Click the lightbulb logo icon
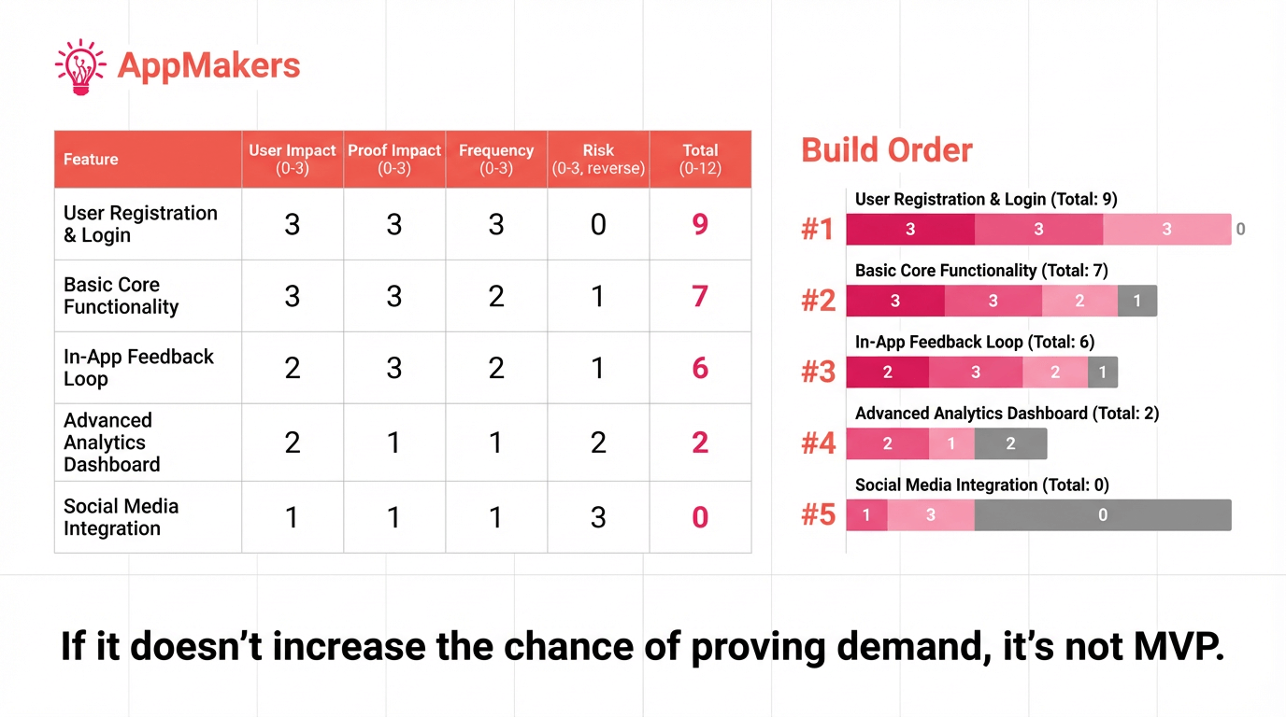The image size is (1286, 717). [x=80, y=66]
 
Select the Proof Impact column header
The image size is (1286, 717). [x=394, y=159]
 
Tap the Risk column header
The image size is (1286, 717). [x=598, y=159]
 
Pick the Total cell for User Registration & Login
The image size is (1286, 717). [x=700, y=224]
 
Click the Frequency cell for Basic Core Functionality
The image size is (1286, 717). [x=496, y=296]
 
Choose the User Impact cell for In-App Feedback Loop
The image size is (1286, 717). [x=293, y=368]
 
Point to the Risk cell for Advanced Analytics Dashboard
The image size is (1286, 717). [x=598, y=443]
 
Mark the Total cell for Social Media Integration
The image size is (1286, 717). [x=700, y=517]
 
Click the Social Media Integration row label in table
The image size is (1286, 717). [x=121, y=517]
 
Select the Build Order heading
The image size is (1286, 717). [x=887, y=150]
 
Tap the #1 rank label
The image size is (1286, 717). [x=818, y=229]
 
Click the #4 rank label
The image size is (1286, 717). [x=818, y=443]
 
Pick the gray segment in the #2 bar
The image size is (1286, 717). [x=1136, y=301]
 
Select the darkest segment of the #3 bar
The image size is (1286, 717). [x=887, y=373]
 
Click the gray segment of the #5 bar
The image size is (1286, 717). [x=1102, y=515]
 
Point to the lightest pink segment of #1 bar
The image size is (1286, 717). [x=1166, y=229]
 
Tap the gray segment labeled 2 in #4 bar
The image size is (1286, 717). [x=1010, y=444]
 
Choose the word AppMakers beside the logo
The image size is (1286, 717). [x=209, y=66]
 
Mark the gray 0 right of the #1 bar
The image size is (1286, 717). [x=1240, y=229]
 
